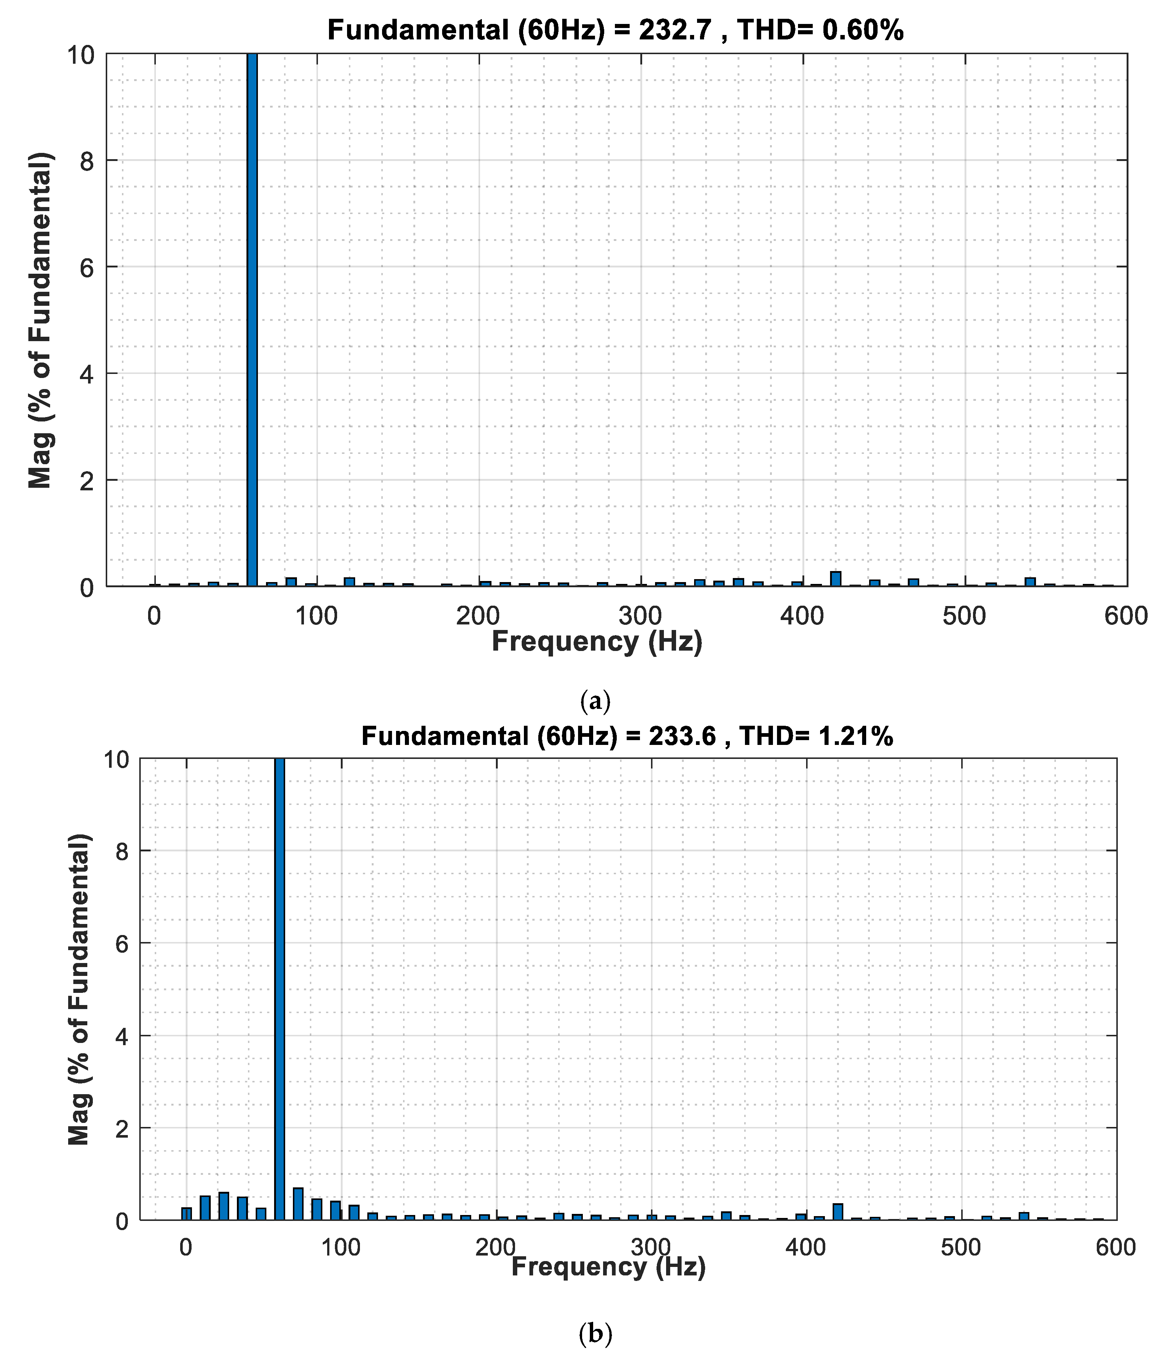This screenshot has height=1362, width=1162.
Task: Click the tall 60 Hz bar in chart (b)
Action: [x=279, y=989]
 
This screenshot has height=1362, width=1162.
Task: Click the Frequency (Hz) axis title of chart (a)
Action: [x=597, y=641]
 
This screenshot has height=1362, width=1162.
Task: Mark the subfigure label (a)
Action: [x=595, y=701]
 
